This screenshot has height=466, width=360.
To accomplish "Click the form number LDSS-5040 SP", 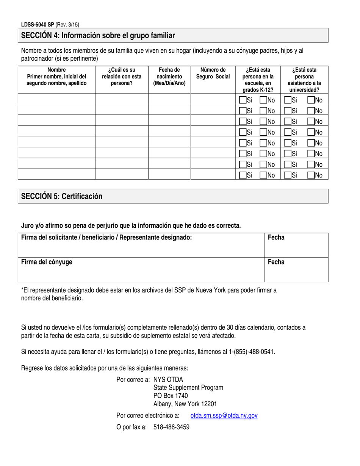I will coord(38,25).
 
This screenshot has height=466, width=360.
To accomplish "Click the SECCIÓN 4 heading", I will coord(98,36).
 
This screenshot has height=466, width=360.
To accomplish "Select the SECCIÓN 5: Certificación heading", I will coord(62,196).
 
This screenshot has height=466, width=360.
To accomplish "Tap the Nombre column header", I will coord(56,77).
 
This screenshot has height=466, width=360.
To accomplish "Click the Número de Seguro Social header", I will coord(213,73).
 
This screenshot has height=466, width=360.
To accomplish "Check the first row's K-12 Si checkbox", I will coord(243,100).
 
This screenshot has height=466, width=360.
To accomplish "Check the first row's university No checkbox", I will coord(311,100).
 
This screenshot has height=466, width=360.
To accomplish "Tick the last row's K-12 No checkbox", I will coord(263,175).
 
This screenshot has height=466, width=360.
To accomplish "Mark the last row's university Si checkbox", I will coord(288,175).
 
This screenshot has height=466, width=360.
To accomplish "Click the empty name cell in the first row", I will coord(56,100).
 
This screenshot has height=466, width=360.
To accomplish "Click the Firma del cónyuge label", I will coord(47,262).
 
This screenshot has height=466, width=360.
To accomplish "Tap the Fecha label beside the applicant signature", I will coord(276,238).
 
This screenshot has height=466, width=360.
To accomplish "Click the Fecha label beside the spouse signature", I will coord(276,262).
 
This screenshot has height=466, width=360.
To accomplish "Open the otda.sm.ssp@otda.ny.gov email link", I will coord(224,416).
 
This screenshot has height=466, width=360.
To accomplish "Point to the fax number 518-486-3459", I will coord(171,427).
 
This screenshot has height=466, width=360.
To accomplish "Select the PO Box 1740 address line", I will coord(171,396).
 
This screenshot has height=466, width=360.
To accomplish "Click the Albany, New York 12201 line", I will coord(185,404).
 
